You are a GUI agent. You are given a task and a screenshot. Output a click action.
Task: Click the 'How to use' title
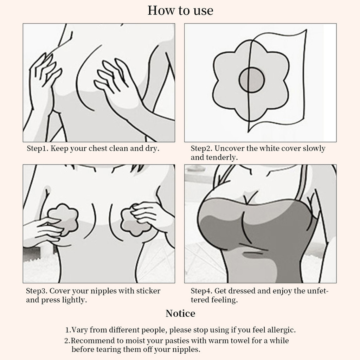point(180,11)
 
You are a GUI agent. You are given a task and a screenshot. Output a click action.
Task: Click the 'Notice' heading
point(180,313)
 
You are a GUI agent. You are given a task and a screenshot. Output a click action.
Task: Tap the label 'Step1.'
point(38,149)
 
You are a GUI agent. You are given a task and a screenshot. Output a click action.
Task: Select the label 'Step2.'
point(201,149)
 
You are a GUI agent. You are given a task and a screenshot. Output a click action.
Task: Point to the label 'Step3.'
point(37,291)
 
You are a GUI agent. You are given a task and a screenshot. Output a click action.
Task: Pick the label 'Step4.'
point(201,291)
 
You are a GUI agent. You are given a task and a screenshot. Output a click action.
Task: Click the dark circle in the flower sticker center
point(252,80)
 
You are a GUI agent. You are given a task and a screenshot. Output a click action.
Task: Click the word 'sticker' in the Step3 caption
point(148,291)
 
